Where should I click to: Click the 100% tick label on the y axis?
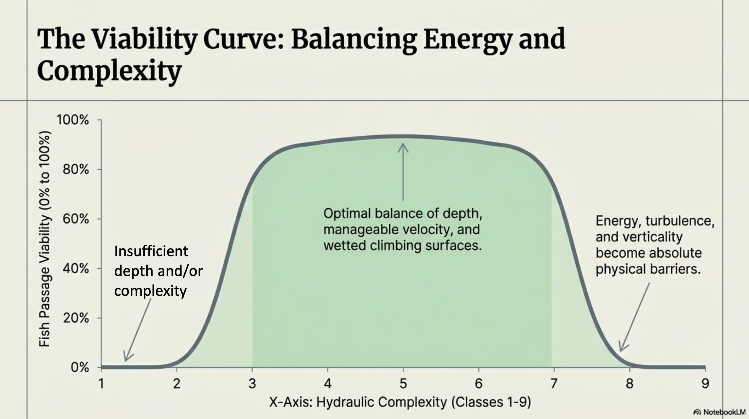pyautogui.click(x=73, y=120)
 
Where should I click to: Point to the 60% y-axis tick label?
pyautogui.click(x=75, y=219)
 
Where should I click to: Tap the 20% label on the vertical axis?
pyautogui.click(x=75, y=318)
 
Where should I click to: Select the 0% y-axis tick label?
pyautogui.click(x=80, y=368)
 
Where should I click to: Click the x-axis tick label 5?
pyautogui.click(x=403, y=384)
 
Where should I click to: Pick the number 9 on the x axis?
pyautogui.click(x=705, y=384)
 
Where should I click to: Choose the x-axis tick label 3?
pyautogui.click(x=252, y=384)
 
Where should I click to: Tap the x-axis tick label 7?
pyautogui.click(x=554, y=384)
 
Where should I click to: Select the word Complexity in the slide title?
pyautogui.click(x=109, y=71)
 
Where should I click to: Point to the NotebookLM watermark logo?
pyautogui.click(x=697, y=412)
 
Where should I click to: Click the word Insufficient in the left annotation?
pyautogui.click(x=151, y=251)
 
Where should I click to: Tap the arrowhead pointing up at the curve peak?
pyautogui.click(x=403, y=147)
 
